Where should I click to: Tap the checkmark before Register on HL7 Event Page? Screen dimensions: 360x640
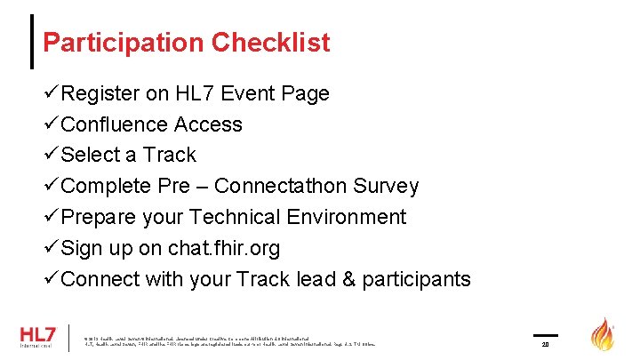(x=52, y=93)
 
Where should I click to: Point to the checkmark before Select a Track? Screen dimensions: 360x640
(x=52, y=155)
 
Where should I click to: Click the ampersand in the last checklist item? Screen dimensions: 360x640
(x=347, y=279)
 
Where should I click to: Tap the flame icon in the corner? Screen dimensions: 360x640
(x=604, y=335)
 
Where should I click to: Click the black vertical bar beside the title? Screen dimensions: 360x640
(x=33, y=41)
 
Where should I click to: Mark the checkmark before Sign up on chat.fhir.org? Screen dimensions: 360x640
(x=52, y=248)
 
